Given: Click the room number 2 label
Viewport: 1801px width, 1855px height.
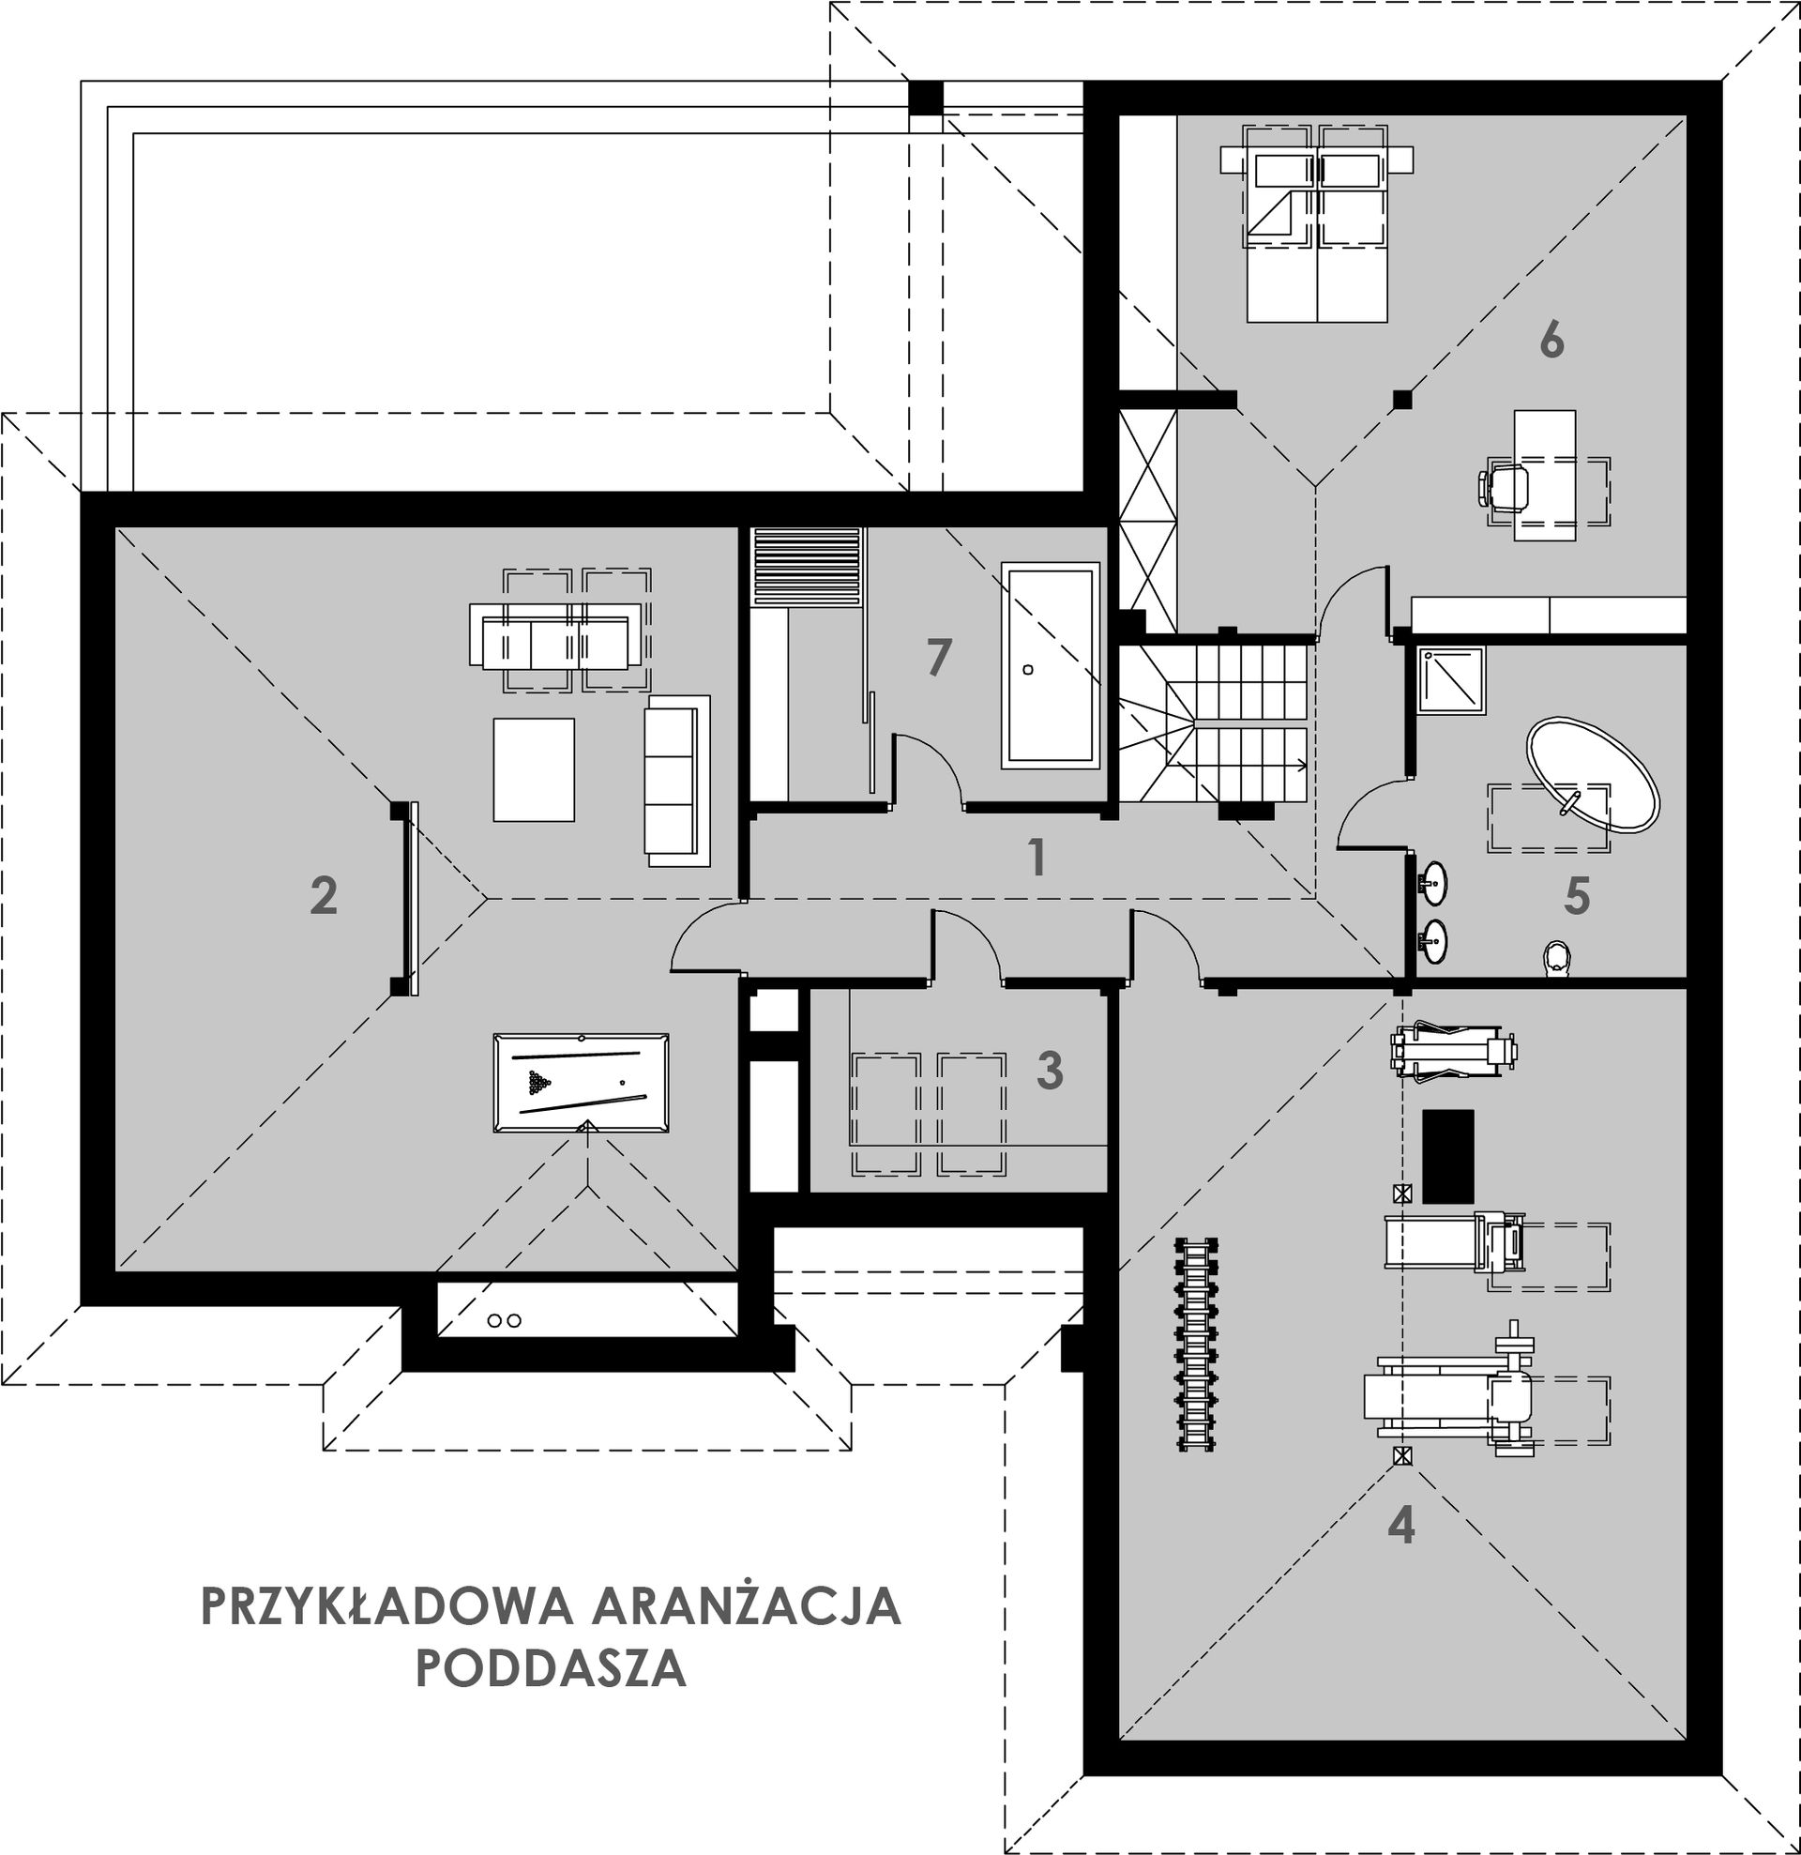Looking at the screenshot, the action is (324, 895).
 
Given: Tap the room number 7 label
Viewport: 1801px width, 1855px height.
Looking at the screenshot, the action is (938, 657).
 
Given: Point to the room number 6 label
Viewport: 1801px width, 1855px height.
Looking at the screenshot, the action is (1551, 340).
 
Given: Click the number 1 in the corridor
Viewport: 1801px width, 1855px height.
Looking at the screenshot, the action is (1038, 857).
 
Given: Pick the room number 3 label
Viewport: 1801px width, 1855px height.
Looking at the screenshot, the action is (1051, 1070).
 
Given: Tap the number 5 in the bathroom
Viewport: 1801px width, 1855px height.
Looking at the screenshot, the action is (1577, 895).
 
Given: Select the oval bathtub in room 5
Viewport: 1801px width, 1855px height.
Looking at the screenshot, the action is (1592, 777).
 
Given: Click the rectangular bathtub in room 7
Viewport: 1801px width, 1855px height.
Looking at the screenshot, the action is (1051, 665).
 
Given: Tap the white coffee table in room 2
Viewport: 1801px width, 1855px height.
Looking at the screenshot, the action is (534, 769).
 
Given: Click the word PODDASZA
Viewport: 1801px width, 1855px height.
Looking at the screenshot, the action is (551, 1668).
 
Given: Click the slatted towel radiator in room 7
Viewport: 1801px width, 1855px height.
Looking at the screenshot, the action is (807, 565).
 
